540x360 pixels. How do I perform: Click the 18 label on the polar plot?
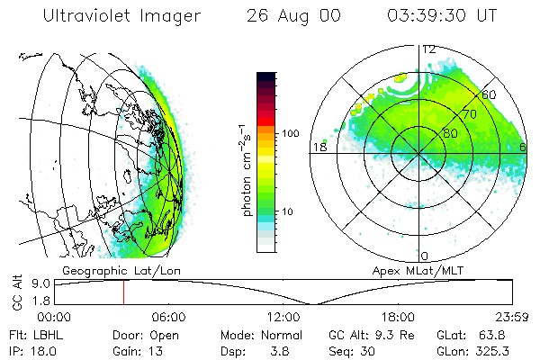pos(318,147)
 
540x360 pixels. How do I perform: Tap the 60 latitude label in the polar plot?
pos(490,94)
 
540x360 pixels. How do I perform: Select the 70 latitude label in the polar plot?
pos(469,114)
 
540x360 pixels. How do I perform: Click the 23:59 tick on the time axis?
pos(513,317)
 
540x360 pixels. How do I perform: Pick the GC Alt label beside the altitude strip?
pos(15,293)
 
